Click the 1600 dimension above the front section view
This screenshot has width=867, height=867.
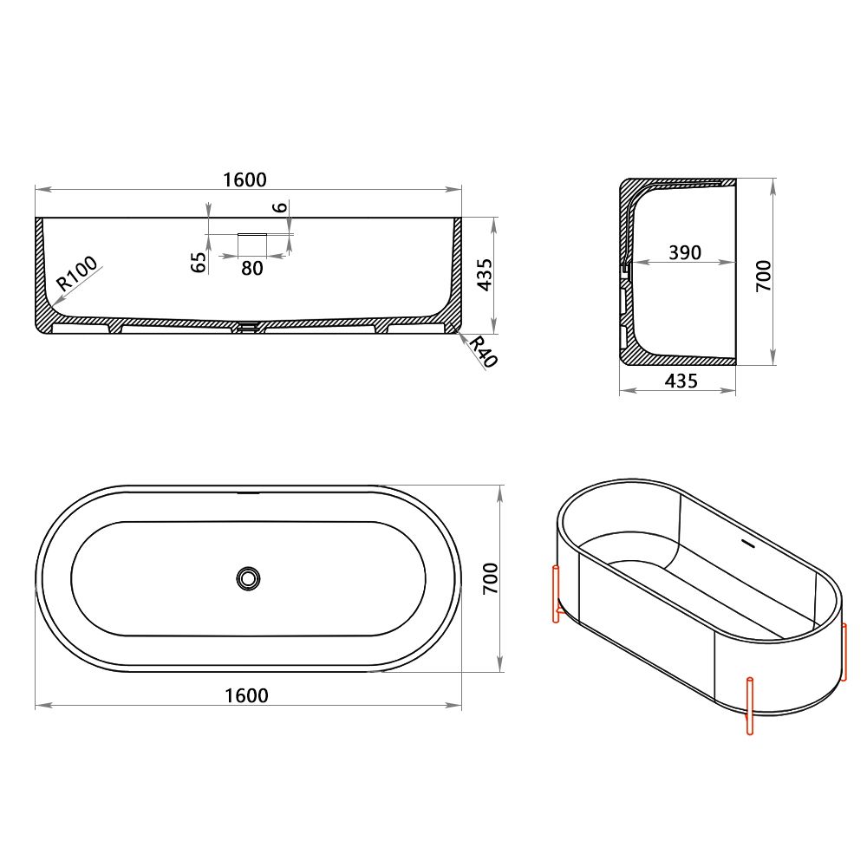[x=244, y=179]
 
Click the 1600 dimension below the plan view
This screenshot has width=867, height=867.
[x=246, y=695]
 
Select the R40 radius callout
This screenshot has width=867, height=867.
[x=482, y=352]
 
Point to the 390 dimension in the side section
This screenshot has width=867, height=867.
[x=685, y=252]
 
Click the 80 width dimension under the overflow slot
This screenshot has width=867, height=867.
[x=251, y=269]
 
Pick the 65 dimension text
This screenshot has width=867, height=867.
[x=199, y=262]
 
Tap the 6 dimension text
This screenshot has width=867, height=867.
[x=278, y=207]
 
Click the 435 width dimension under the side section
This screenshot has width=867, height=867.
[x=681, y=381]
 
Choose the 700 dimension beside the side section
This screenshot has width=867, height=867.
[x=763, y=275]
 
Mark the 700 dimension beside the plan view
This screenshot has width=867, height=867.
[x=489, y=578]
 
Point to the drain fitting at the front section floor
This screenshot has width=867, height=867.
[x=249, y=327]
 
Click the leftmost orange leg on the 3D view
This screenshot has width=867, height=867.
[x=555, y=594]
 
